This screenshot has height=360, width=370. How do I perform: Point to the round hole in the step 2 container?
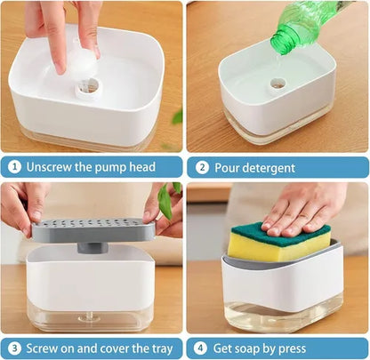click(278, 84)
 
